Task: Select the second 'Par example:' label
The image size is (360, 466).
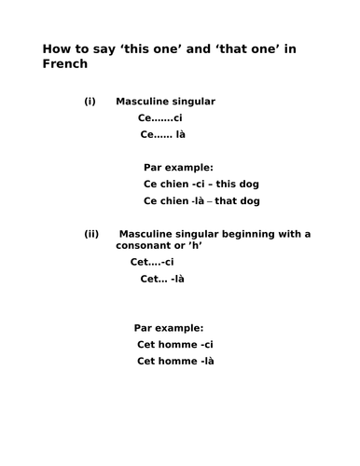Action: [x=168, y=327]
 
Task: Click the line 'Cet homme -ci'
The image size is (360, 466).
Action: [x=173, y=345]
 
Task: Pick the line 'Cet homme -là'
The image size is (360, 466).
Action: [x=175, y=362]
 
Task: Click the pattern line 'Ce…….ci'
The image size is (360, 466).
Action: [x=159, y=118]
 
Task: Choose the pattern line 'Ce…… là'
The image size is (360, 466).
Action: [x=162, y=134]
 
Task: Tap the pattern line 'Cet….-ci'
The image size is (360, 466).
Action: [x=152, y=263]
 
